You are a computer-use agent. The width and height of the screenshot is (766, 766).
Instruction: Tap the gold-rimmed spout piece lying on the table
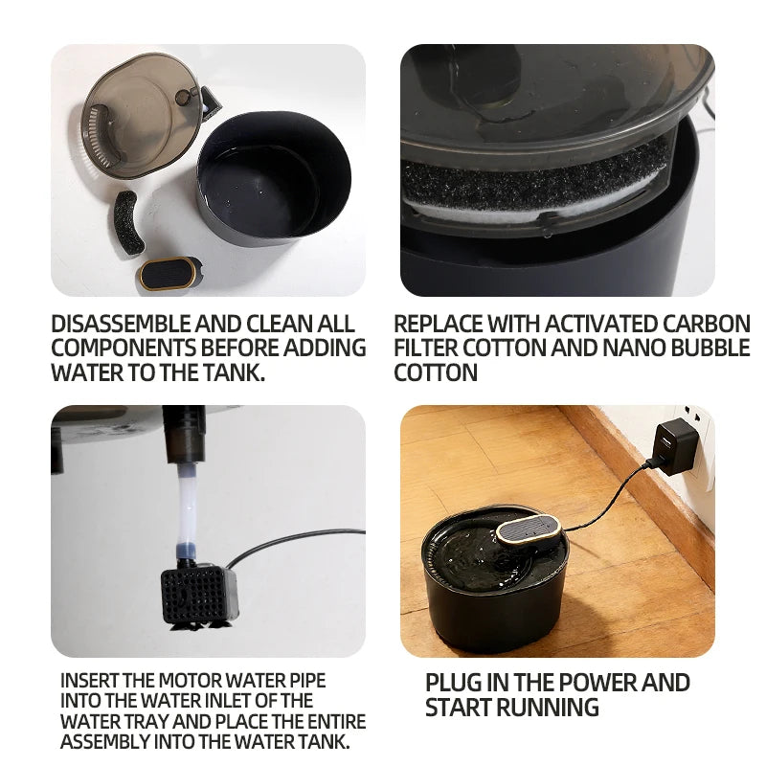[169, 273]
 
